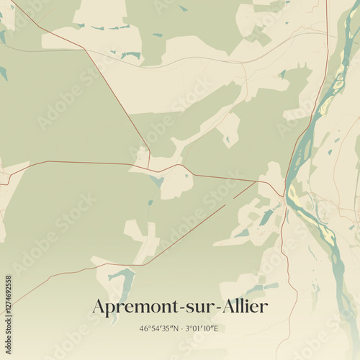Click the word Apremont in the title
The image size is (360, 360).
138,307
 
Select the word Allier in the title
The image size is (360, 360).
246,306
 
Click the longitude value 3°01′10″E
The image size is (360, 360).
203,329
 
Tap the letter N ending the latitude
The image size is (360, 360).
178,329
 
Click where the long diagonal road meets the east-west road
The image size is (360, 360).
149,169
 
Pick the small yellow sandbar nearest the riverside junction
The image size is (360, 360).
292,192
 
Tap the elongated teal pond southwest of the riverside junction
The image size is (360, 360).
266,217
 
